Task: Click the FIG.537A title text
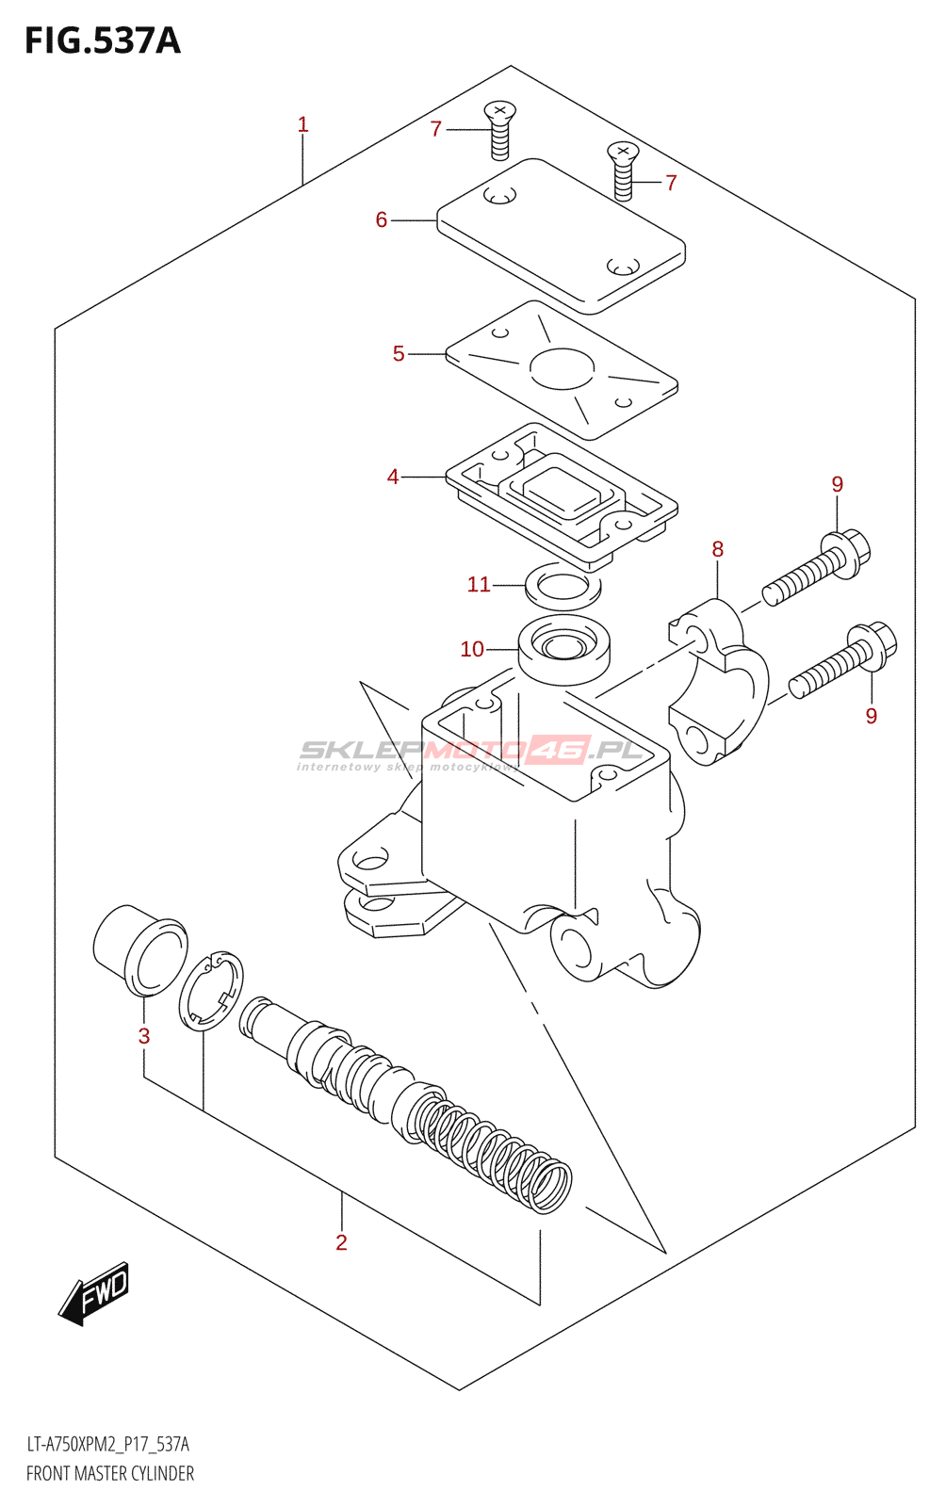point(103,41)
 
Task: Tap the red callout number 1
point(302,124)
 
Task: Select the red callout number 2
point(341,1242)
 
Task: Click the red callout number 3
point(144,1036)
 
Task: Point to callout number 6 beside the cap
point(382,220)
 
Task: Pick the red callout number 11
point(479,585)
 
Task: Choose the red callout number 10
point(472,649)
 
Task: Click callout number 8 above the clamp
point(718,550)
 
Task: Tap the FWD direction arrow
point(93,1294)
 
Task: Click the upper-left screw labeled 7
point(500,131)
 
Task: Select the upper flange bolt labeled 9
point(816,567)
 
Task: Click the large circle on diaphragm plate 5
point(563,368)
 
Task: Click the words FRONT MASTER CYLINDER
point(109,1473)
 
